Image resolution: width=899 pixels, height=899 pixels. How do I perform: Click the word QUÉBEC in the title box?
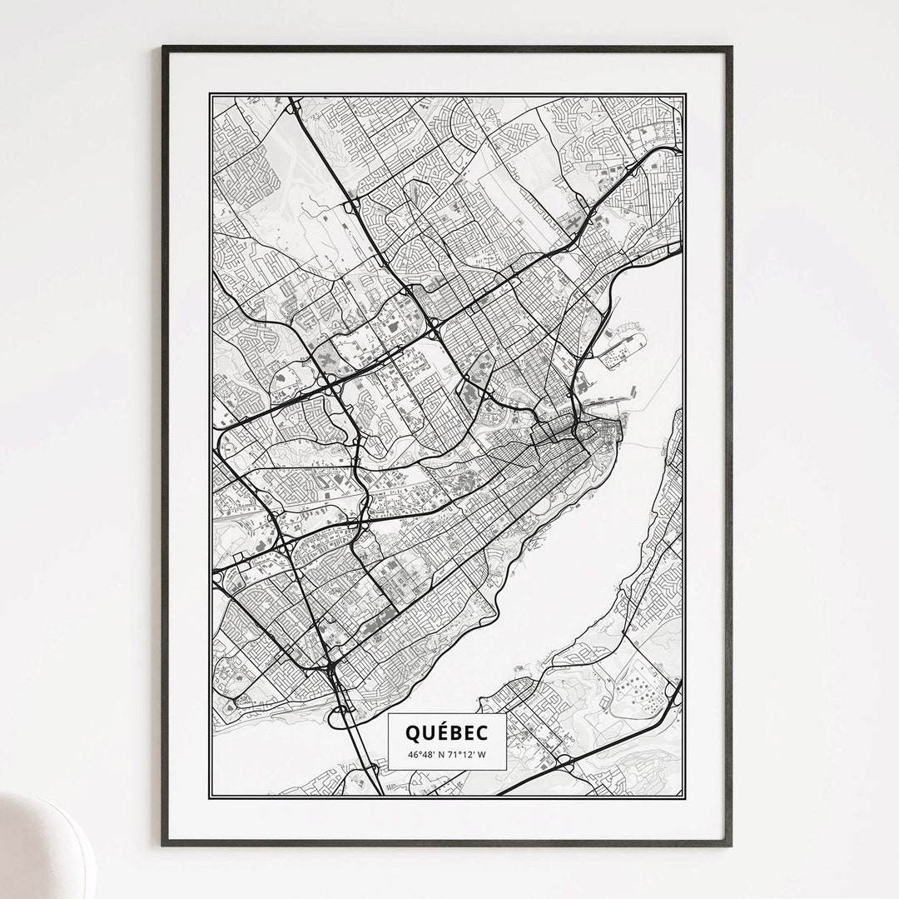[448, 732]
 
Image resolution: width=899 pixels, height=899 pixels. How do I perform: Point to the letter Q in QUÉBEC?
[413, 732]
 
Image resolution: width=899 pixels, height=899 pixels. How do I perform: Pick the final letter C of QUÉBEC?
[484, 732]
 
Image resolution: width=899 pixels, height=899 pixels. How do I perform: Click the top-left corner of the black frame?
[164, 48]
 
